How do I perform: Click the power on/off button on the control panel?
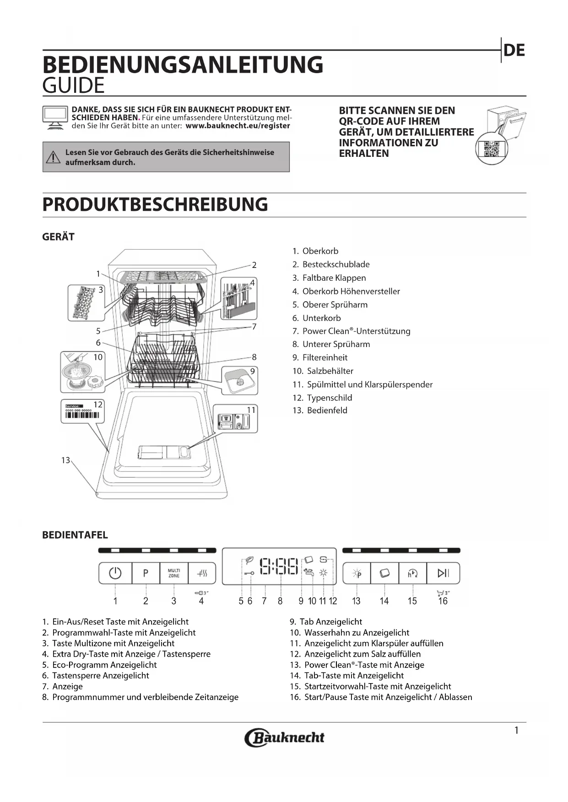pos(115,573)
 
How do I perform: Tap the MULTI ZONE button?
pos(174,573)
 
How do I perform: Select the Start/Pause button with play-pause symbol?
pos(443,573)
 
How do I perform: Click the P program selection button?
pos(146,573)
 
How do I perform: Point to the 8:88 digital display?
pos(279,566)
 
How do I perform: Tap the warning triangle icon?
pos(54,157)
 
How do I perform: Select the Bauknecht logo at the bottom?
pos(284,737)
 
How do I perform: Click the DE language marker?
pos(514,50)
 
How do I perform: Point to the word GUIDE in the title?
pos(74,86)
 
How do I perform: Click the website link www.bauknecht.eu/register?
pos(238,126)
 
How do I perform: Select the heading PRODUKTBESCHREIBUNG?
pos(155,204)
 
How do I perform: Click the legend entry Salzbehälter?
pos(330,371)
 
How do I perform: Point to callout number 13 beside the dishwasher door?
pos(65,460)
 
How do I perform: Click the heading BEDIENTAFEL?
pos(75,535)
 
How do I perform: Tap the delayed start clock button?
pos(412,573)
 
